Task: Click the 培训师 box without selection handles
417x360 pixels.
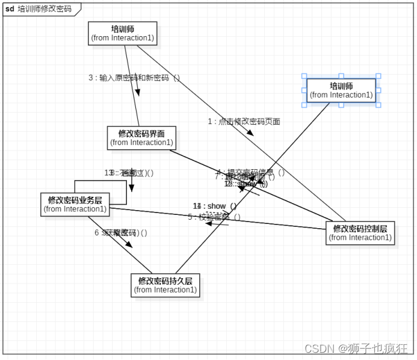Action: [x=123, y=33]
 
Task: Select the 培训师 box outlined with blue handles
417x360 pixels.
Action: [x=341, y=90]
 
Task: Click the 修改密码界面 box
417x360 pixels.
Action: [x=141, y=138]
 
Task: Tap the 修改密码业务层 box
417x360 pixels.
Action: [x=75, y=204]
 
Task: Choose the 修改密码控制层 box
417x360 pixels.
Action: [x=360, y=232]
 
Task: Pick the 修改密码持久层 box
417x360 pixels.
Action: [x=165, y=285]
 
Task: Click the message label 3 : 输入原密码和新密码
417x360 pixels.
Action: [x=134, y=78]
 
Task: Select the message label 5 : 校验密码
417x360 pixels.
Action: [x=214, y=217]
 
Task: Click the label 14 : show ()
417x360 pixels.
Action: [x=215, y=206]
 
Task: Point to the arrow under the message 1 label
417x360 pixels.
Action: [x=250, y=132]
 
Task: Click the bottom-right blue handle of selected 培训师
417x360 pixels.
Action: [x=378, y=105]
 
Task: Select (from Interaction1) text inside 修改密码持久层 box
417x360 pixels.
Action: [x=165, y=290]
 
